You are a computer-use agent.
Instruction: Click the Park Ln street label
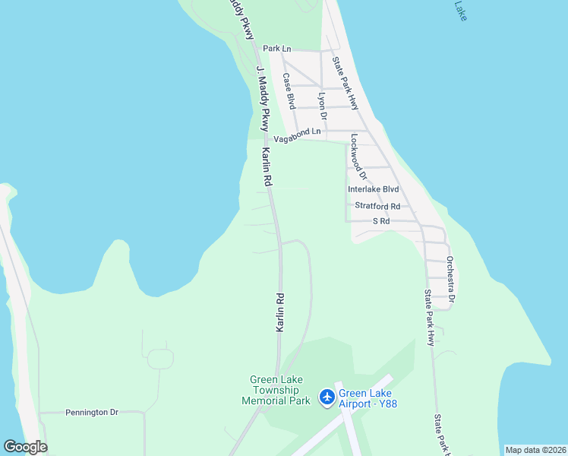[x=277, y=49]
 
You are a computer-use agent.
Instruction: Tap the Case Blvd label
[x=289, y=90]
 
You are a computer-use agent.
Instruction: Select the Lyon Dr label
[x=322, y=106]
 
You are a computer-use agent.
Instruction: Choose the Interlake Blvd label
[x=373, y=189]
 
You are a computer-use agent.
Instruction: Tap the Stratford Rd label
[x=377, y=206]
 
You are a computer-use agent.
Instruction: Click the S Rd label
[x=380, y=221]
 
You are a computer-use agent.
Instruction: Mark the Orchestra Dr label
[x=450, y=279]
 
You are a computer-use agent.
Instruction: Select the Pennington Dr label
[x=92, y=413]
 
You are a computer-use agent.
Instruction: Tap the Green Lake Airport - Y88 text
[x=368, y=398]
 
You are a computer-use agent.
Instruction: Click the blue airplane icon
[x=327, y=397]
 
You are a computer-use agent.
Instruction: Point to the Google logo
[x=25, y=447]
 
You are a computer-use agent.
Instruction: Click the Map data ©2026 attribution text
[x=535, y=450]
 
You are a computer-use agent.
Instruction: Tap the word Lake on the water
[x=461, y=10]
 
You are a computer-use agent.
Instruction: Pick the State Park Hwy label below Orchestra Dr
[x=429, y=318]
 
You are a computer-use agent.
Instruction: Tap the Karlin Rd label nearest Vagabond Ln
[x=268, y=167]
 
